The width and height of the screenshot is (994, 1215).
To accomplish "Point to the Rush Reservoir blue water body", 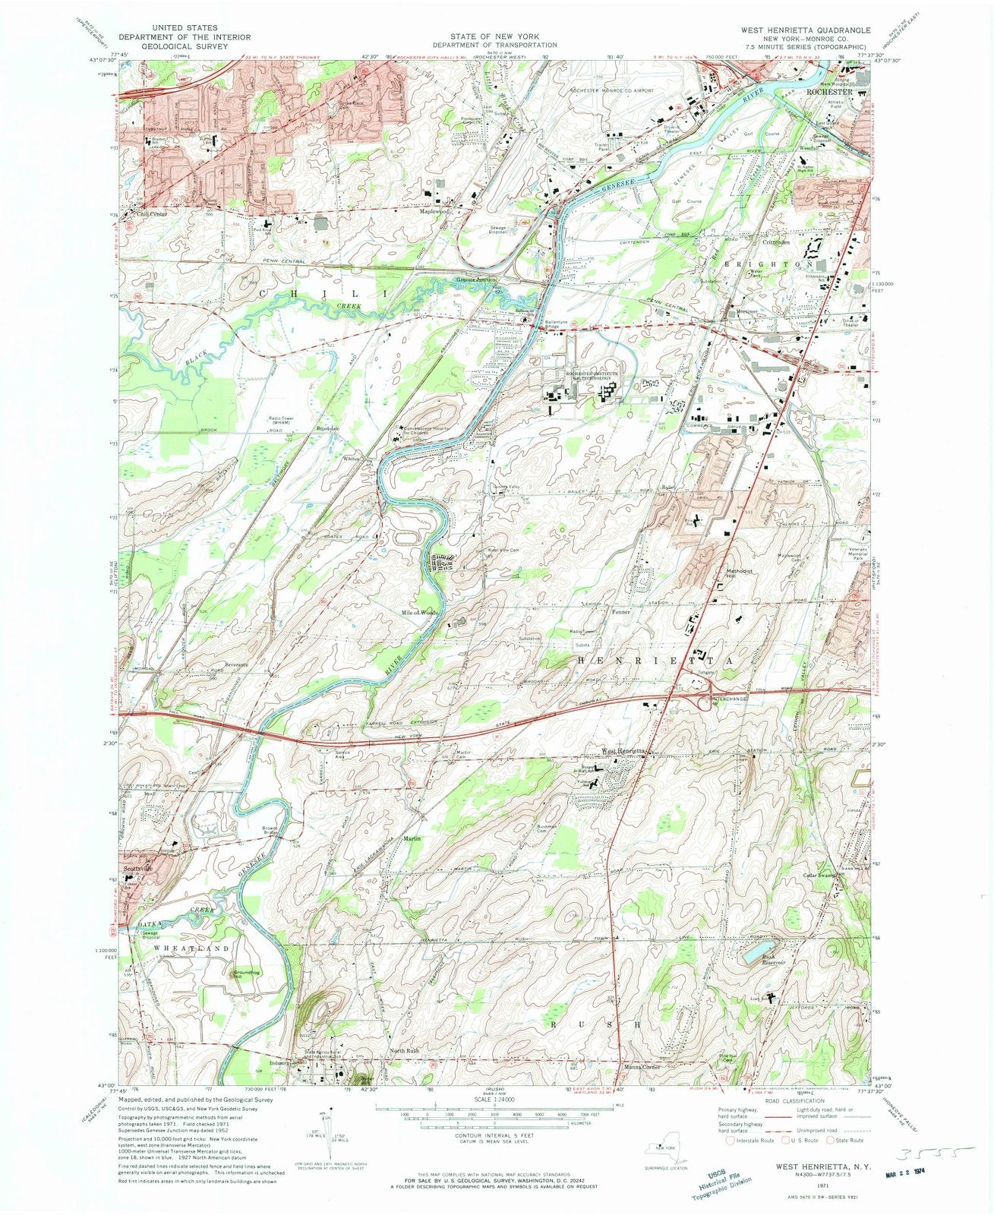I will click(759, 948).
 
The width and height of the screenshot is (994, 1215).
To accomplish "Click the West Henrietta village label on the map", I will click(624, 751).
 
